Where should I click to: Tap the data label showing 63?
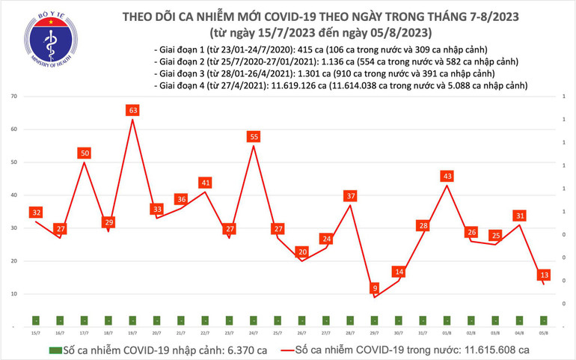132,111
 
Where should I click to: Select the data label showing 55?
254,137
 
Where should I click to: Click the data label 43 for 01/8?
447,176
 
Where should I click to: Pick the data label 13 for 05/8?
545,275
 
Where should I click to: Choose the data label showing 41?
205,183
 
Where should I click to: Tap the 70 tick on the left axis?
14,97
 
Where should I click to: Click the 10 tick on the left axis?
14,294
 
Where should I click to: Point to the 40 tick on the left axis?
14,195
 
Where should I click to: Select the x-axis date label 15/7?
35,333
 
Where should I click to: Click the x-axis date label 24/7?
254,333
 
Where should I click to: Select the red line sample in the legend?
288,350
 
